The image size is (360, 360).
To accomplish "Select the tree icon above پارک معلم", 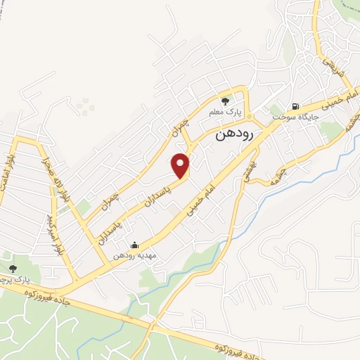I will click(226, 101).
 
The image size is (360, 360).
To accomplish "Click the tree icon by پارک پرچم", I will click(13, 268).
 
